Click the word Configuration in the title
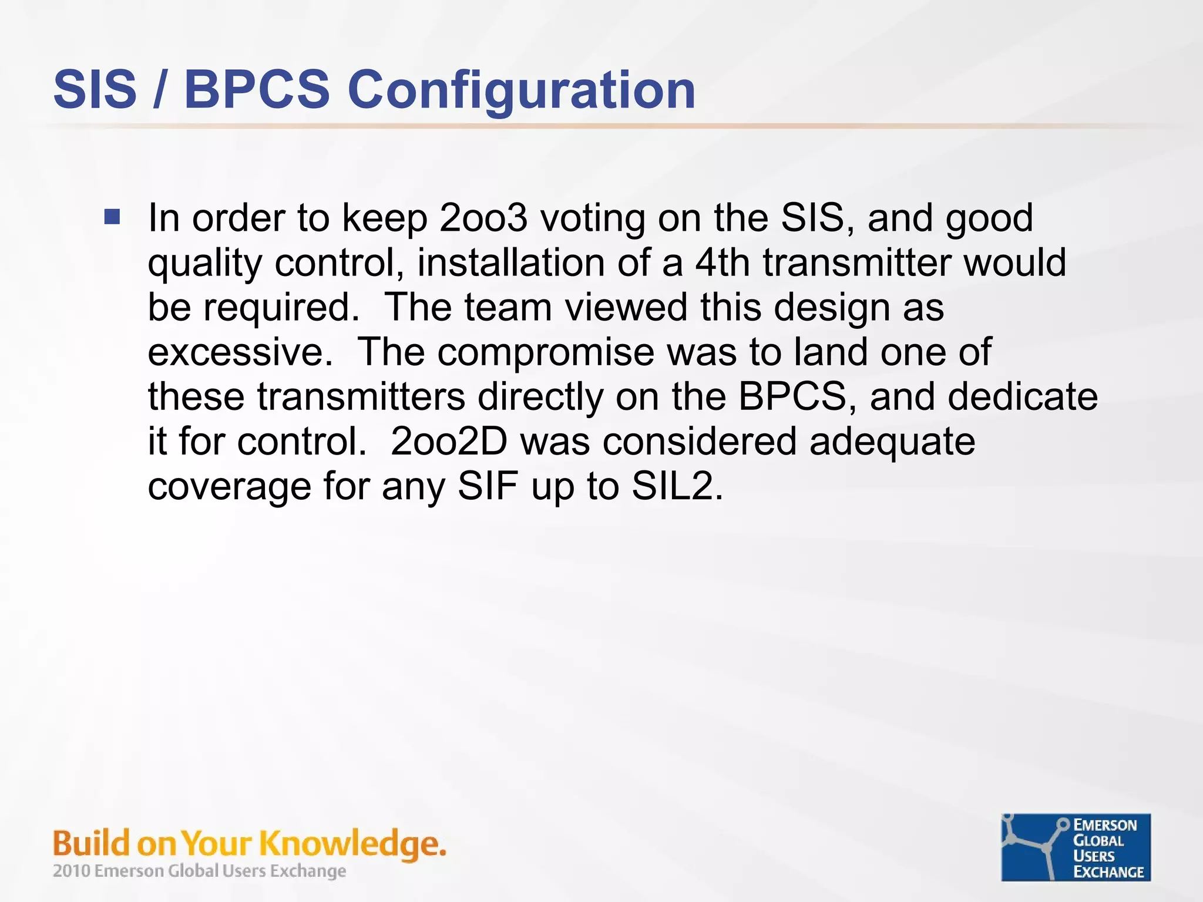(x=522, y=90)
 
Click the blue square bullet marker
(x=112, y=217)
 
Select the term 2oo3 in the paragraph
(x=483, y=218)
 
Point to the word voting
(x=592, y=219)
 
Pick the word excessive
(x=240, y=352)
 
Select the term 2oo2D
(x=449, y=442)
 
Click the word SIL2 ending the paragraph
(x=676, y=486)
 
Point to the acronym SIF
(x=488, y=486)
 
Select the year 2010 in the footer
(x=72, y=871)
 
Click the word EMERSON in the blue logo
(x=1105, y=825)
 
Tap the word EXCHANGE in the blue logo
(x=1108, y=872)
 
